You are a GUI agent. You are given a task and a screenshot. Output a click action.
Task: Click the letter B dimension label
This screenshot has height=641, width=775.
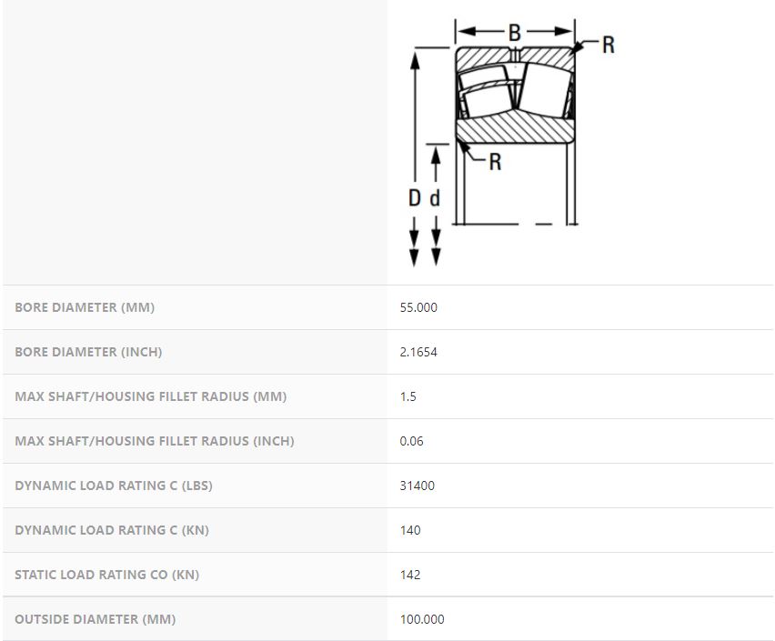515,33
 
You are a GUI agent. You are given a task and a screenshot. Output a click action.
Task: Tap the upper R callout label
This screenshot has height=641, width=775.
609,45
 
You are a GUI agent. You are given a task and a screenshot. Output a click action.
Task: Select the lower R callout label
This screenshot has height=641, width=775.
495,162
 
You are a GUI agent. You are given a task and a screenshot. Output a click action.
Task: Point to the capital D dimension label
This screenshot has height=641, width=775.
414,198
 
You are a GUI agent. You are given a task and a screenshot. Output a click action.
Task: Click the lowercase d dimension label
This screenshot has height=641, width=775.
435,198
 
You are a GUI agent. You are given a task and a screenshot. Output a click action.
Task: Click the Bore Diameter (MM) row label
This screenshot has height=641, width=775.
85,307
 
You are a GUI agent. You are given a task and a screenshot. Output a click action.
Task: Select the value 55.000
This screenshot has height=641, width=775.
418,307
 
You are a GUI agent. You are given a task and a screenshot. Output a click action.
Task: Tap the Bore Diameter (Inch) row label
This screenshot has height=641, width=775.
88,352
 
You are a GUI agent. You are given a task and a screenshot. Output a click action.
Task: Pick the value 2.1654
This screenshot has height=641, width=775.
418,352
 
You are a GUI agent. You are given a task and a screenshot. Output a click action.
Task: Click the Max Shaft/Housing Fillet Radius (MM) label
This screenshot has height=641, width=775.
151,396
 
